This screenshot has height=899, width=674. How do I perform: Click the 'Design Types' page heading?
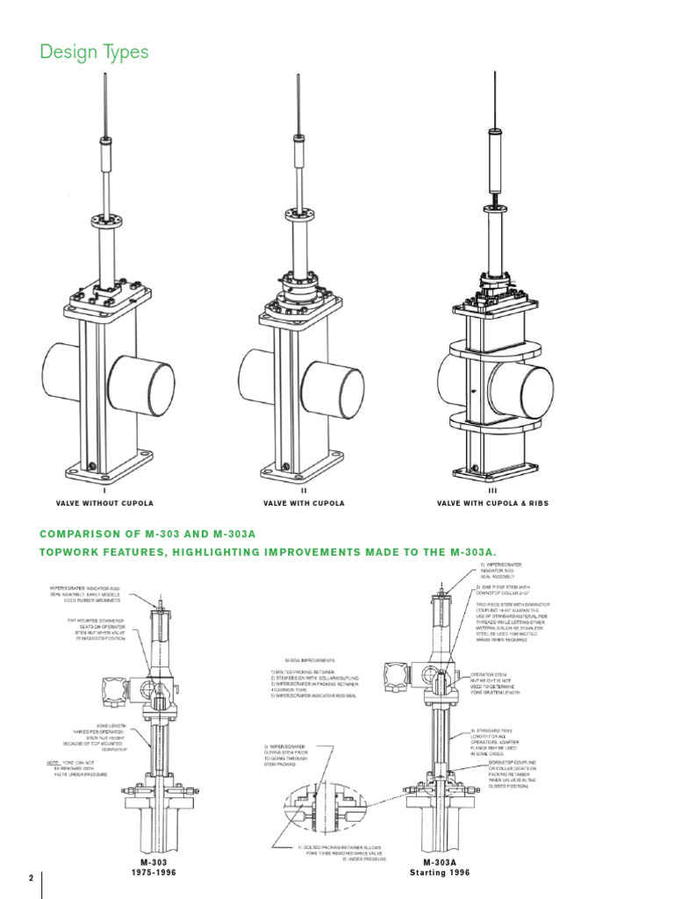coord(95,53)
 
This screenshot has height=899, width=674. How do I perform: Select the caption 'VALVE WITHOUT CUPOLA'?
coord(104,503)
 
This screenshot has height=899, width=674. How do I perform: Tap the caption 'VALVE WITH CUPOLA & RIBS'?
coord(492,503)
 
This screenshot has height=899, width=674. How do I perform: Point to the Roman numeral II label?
coord(304,492)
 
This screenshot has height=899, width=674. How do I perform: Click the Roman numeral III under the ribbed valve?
coord(492,492)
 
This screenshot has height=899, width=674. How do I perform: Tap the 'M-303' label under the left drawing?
coord(154,863)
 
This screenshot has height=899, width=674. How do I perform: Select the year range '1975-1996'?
coord(154,874)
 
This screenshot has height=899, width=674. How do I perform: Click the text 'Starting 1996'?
coord(440,874)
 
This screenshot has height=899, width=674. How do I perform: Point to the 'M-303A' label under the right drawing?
coord(440,863)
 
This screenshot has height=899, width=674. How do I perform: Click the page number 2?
coord(31,879)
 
